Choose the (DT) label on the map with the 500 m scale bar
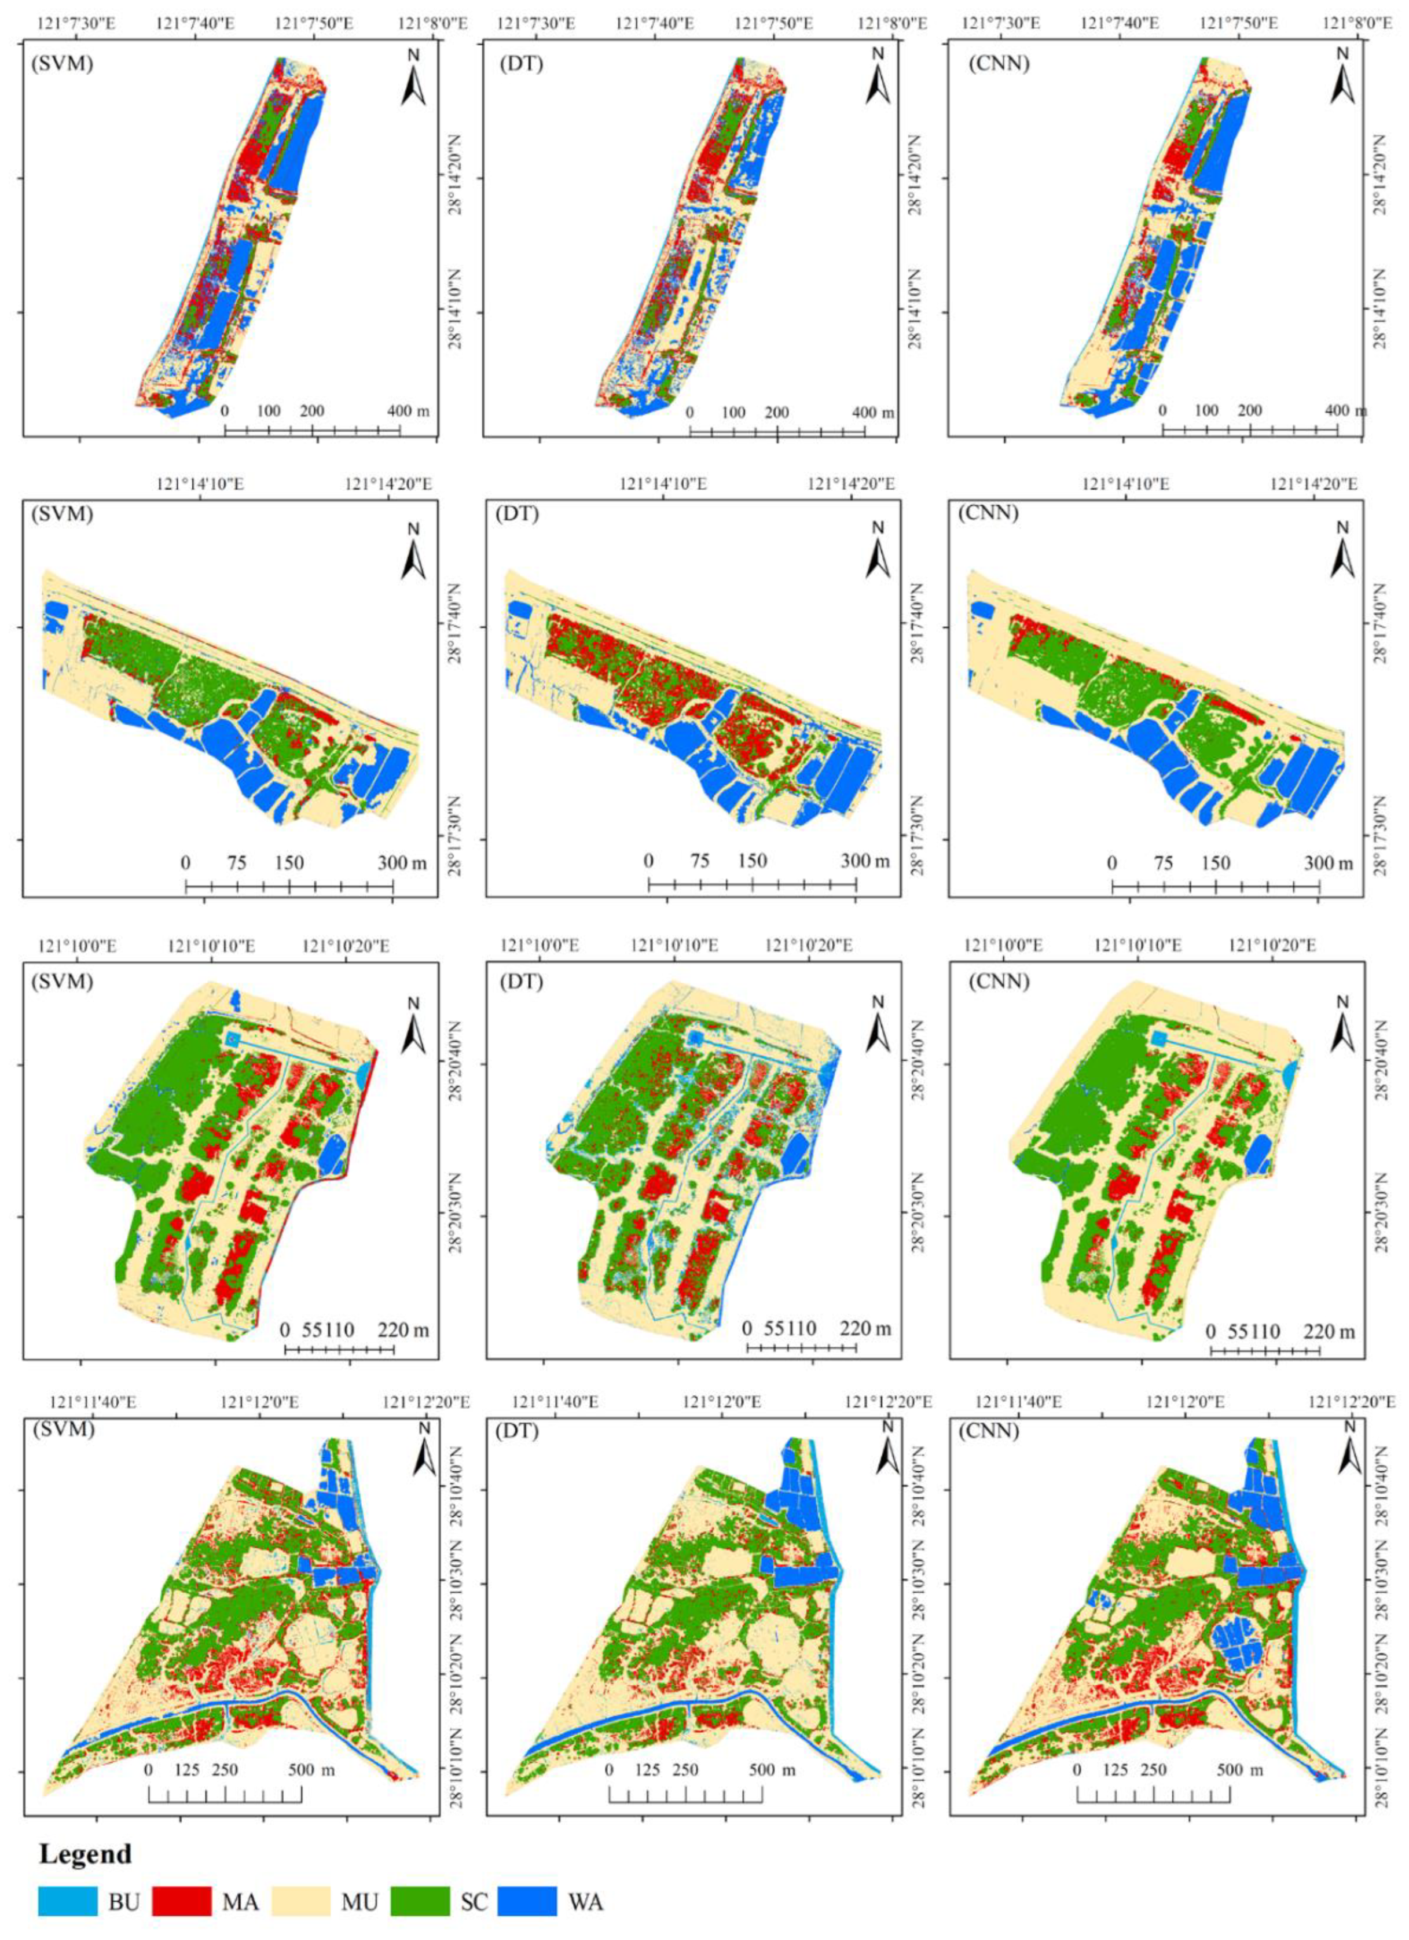[521, 1430]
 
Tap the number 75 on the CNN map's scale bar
[1164, 862]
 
